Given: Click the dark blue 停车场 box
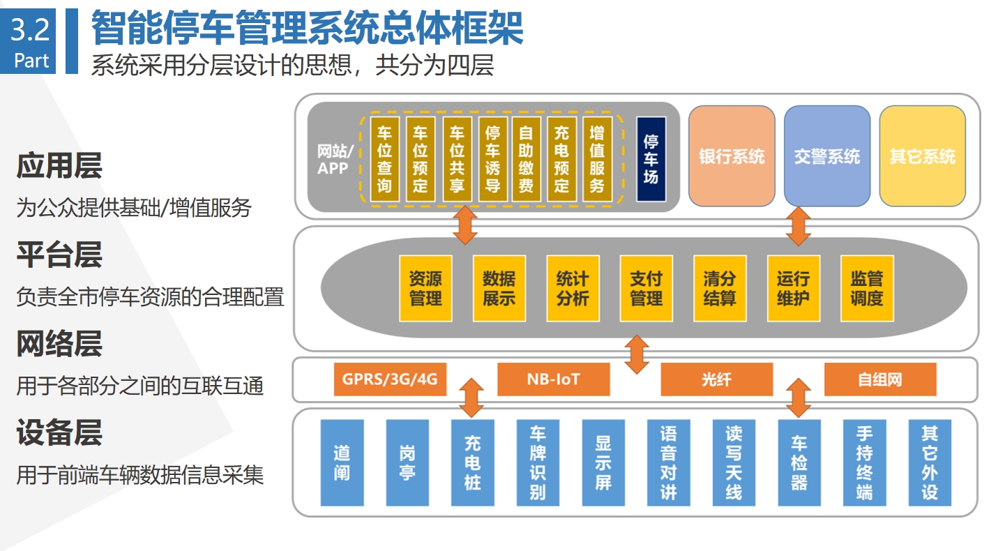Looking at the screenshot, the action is point(651,159).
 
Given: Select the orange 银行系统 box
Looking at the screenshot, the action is point(732,156).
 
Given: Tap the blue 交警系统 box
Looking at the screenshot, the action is point(826,156).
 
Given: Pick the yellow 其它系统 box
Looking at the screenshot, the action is point(922,156).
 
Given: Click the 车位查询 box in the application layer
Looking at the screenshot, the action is point(384,159).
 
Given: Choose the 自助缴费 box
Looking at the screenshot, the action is point(527,159).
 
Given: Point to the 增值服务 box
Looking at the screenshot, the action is point(597,159).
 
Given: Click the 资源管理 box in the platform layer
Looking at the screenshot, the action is point(425,288).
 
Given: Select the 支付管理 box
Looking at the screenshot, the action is point(646,288).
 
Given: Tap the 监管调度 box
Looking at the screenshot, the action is point(867,288).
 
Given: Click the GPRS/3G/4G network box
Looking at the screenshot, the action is point(390,379).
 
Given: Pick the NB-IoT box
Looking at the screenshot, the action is point(554,379).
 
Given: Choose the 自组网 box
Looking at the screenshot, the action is point(880,379).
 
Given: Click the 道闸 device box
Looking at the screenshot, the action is point(342,462).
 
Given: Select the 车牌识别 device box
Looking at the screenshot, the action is point(538,462).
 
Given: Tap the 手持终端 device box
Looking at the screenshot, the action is point(865,462).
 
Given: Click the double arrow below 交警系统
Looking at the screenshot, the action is point(798,226).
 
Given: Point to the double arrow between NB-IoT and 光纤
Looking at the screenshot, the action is point(637,354).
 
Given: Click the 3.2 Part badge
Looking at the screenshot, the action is point(28,41).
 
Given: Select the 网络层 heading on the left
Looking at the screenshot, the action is point(59,344).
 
